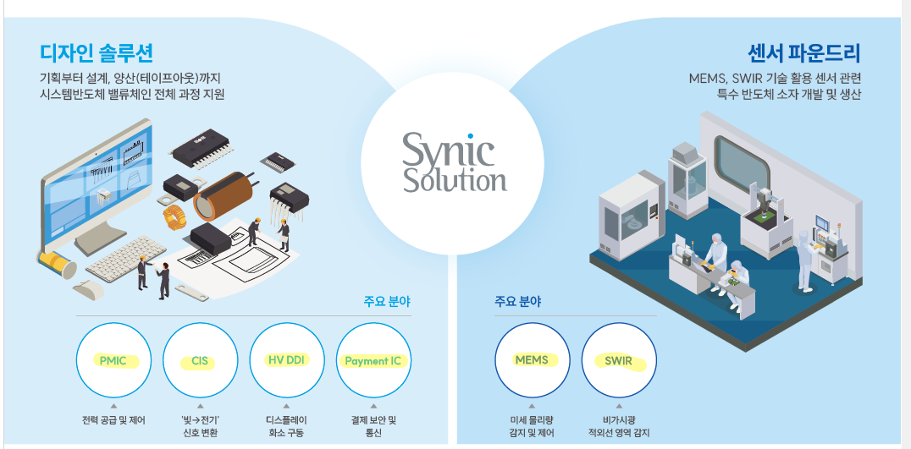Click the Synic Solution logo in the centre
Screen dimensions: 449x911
pos(454,162)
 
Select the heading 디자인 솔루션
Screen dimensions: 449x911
pos(97,53)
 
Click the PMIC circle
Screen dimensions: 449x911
pos(113,361)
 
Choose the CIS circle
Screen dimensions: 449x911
pos(201,361)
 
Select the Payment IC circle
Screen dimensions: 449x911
pos(374,361)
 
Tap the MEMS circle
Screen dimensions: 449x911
pos(532,361)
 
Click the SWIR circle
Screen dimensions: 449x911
pos(619,361)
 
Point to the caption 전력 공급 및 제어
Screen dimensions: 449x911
pos(113,420)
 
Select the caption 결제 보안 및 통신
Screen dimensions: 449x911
pos(374,426)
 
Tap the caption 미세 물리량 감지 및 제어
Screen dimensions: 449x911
pos(532,426)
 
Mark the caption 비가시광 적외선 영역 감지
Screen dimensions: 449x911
pos(619,426)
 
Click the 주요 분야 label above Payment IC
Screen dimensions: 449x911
pos(387,301)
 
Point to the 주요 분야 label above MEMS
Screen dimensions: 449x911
pos(518,301)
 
